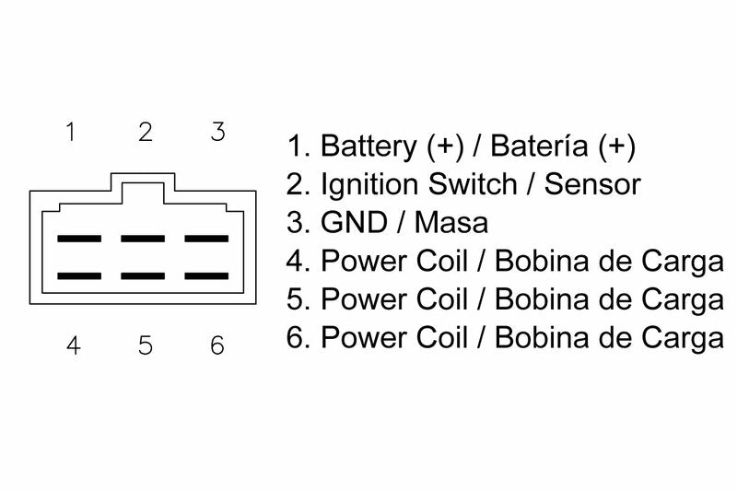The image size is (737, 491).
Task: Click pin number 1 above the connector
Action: (70, 132)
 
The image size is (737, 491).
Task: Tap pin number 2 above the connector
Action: (145, 132)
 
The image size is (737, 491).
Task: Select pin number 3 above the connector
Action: (217, 132)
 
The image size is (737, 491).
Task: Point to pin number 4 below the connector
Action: (73, 345)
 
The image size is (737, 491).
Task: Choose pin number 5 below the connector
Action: (145, 345)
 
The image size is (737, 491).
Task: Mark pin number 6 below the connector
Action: (217, 345)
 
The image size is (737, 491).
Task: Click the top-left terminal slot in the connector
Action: (79, 239)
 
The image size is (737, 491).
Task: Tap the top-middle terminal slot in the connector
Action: (143, 239)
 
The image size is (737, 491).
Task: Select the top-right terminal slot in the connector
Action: (206, 239)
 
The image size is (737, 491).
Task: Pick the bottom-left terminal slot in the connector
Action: (79, 275)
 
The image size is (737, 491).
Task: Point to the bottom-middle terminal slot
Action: (143, 275)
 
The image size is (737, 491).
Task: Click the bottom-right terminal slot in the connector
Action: (206, 275)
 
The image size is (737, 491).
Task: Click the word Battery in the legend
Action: (368, 146)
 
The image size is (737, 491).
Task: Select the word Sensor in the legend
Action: (592, 184)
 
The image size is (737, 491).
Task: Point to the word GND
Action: (353, 223)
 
